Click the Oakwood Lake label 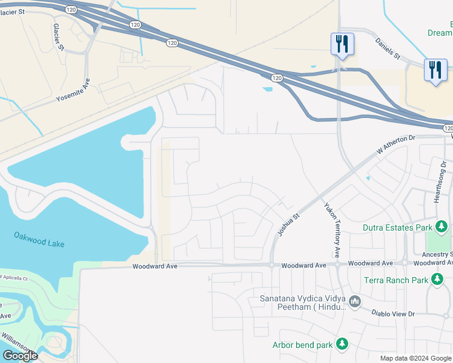click(x=39, y=239)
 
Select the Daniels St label click(x=388, y=48)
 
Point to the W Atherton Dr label click(x=397, y=145)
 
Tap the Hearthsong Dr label click(x=440, y=181)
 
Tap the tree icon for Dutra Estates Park click(x=441, y=227)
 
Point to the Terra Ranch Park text click(x=396, y=280)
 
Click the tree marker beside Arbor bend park click(x=342, y=344)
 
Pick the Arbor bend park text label click(x=303, y=345)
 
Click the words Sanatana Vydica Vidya click(x=303, y=298)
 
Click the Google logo click(x=20, y=356)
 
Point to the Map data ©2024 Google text click(x=415, y=358)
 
